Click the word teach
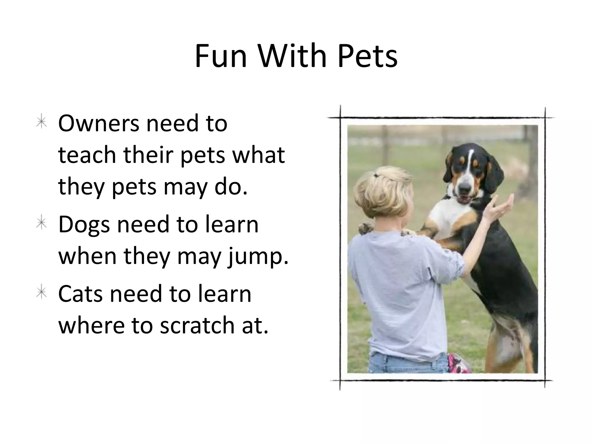tap(87, 155)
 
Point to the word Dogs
tap(84, 225)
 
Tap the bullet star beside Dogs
tap(42, 224)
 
